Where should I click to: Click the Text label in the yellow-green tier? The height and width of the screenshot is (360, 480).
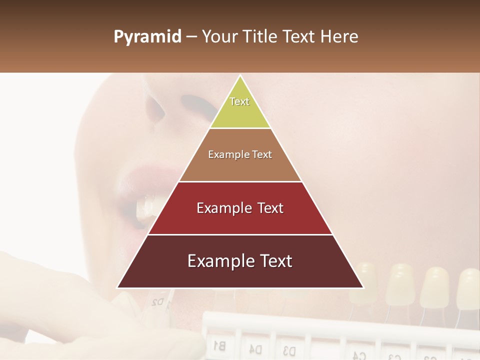(x=239, y=101)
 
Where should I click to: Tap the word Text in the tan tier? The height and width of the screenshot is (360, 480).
(x=261, y=155)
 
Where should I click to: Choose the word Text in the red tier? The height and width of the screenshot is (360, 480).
(x=270, y=208)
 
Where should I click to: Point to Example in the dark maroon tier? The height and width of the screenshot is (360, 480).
(x=215, y=261)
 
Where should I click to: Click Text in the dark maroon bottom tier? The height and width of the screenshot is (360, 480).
(x=275, y=261)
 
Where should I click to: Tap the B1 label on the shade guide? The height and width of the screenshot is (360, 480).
(x=219, y=344)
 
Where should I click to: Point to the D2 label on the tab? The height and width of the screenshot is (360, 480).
(x=157, y=301)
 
